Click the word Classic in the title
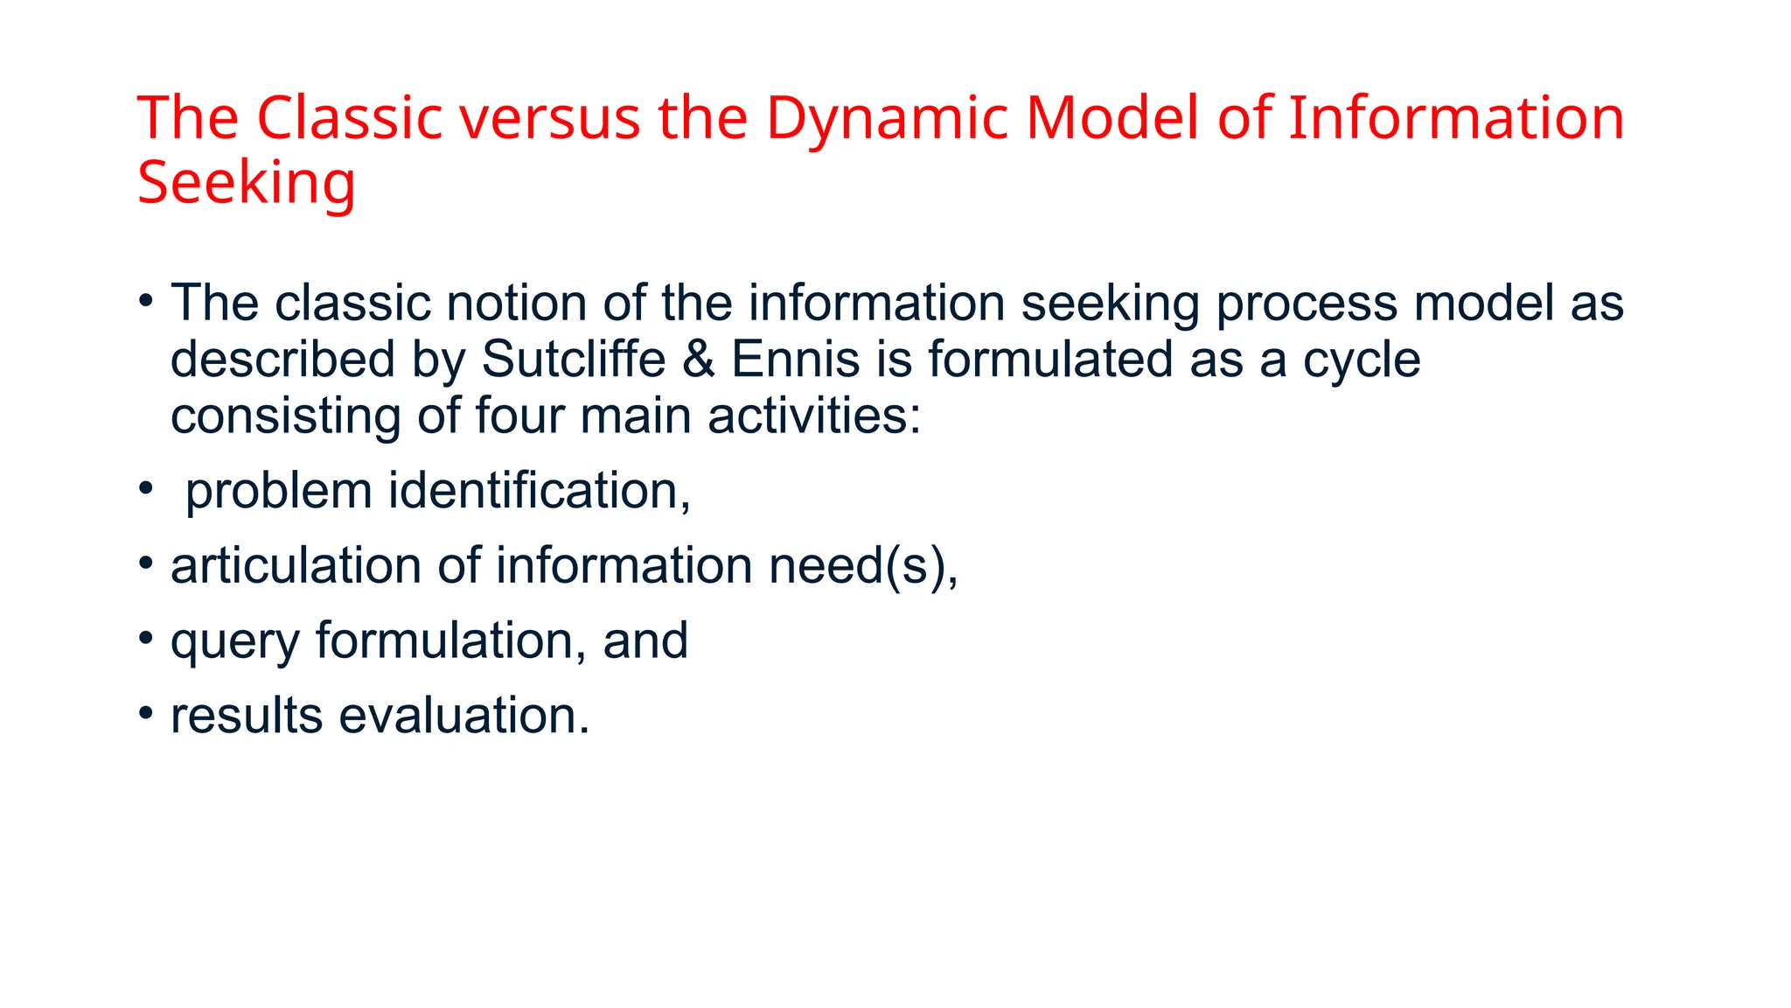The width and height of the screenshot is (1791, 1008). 349,118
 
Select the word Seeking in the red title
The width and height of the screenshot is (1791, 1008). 246,183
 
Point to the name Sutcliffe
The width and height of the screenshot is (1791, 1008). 574,360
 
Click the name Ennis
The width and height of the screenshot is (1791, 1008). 795,360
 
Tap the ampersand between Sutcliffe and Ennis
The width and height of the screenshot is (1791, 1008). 699,360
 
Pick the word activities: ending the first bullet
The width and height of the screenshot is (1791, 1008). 814,416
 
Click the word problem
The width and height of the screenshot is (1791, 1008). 278,491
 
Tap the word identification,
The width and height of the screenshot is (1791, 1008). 540,491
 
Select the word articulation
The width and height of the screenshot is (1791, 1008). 296,566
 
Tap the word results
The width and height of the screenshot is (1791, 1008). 247,716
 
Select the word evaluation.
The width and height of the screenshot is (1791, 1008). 463,716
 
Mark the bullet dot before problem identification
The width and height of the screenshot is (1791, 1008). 146,487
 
